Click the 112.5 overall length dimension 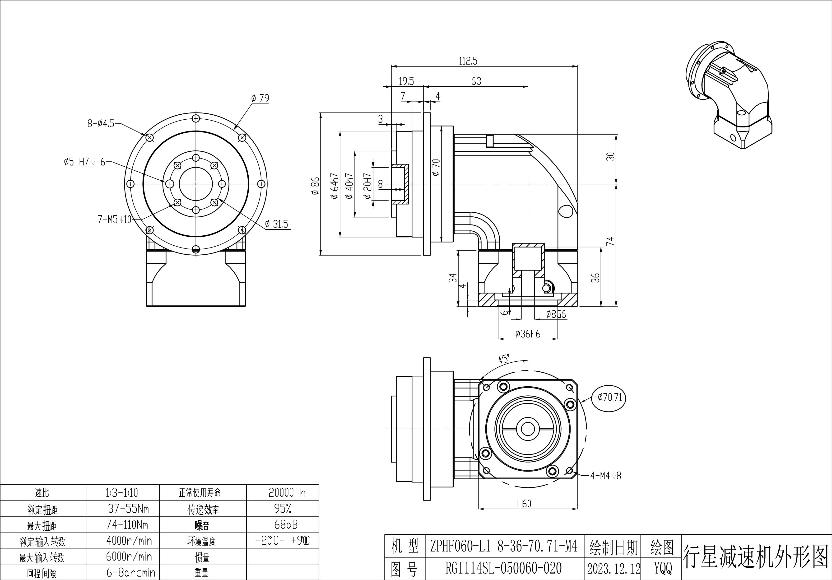coord(468,61)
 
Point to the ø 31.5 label coord(276,224)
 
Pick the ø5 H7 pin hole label coord(84,162)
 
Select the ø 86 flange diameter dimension coord(315,186)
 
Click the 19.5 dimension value coord(406,81)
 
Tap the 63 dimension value coord(476,81)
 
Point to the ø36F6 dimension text coord(528,333)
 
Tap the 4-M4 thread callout coord(605,476)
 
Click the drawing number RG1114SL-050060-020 coord(503,568)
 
